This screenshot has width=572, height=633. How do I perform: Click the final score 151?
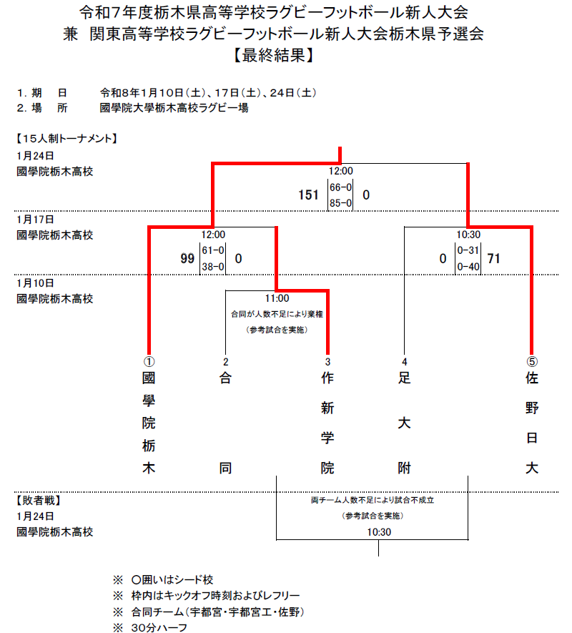(x=309, y=195)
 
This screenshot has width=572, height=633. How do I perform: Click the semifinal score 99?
(x=187, y=258)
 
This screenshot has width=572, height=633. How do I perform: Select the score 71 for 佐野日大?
(x=493, y=258)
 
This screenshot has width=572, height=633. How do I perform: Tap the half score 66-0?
(x=341, y=187)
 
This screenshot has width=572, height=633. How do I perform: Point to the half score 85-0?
(x=341, y=203)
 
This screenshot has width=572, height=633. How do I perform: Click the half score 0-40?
(x=468, y=267)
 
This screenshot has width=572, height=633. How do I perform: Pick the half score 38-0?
(x=213, y=267)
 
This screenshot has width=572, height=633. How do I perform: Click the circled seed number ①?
(x=149, y=361)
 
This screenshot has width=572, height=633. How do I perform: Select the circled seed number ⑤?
(x=531, y=361)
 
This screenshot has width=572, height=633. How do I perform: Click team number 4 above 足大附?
(x=405, y=361)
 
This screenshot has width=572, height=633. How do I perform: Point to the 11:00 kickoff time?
(x=277, y=298)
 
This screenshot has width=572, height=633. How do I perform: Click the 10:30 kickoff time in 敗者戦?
(x=379, y=532)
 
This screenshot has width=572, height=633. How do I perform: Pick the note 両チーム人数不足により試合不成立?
(x=373, y=500)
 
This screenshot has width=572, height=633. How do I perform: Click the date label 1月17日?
(x=35, y=219)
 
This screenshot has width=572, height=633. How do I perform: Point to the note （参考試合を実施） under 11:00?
(x=277, y=329)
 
